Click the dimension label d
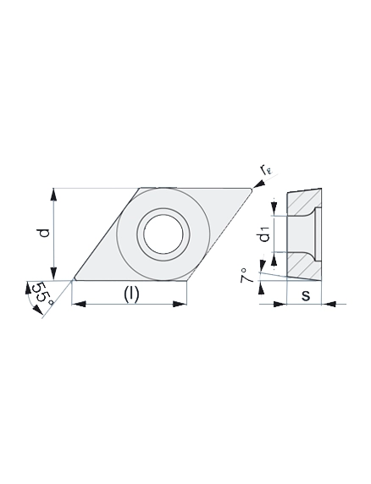(45, 234)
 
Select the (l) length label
(131, 294)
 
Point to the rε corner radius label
(265, 170)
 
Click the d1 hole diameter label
(264, 234)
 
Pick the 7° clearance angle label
(247, 275)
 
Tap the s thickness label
(306, 295)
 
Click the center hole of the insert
(163, 234)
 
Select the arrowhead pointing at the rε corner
(258, 184)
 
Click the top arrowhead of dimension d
(53, 195)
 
